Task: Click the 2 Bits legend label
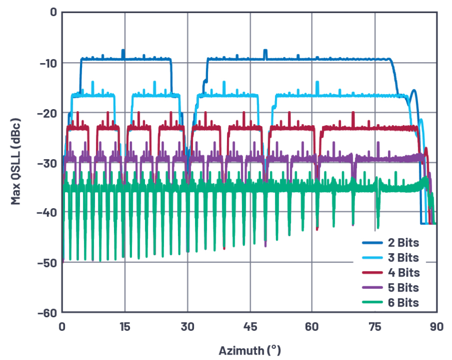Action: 403,242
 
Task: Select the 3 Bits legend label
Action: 403,257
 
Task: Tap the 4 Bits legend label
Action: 403,272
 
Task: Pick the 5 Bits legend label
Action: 403,288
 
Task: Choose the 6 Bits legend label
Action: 403,303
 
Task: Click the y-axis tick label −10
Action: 48,64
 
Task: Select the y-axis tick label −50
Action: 48,262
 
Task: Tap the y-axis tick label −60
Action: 48,312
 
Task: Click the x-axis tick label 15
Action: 125,327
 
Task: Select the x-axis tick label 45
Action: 250,327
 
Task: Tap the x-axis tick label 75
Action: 375,327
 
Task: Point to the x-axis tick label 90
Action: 436,327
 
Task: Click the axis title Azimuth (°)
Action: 249,349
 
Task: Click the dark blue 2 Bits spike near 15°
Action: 123,52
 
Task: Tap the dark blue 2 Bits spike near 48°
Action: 265,52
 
